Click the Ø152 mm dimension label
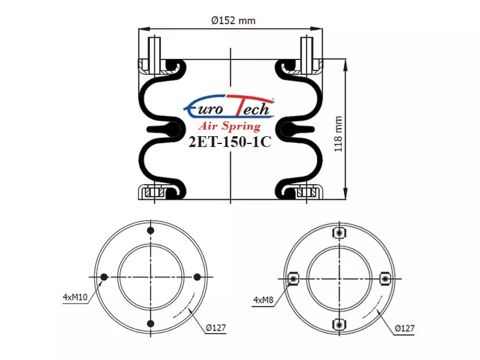click(233, 20)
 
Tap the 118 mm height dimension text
click(338, 134)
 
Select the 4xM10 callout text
click(75, 296)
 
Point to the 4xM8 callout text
click(263, 299)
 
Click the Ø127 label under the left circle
click(216, 328)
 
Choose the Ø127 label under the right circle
click(404, 328)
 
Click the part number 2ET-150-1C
click(230, 142)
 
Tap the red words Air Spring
click(230, 126)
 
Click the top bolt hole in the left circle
click(151, 230)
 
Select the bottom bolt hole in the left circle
click(151, 323)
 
